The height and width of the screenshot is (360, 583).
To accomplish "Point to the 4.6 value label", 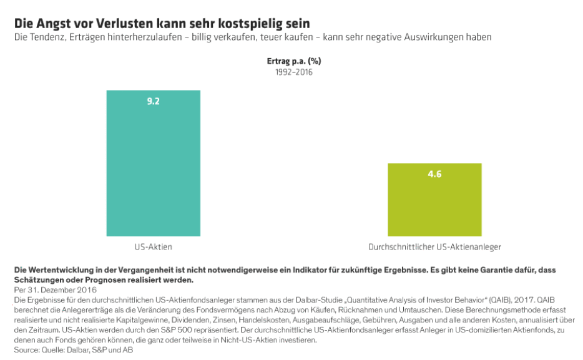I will tap(434, 174).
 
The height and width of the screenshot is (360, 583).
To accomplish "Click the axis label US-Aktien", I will tap(153, 246).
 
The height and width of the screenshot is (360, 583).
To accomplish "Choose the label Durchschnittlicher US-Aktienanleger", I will tap(434, 246).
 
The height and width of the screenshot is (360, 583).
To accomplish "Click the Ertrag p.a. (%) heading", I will tap(293, 61).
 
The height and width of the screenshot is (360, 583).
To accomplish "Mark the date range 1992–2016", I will tap(293, 72).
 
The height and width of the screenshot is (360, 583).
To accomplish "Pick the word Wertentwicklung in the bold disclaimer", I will tap(61, 270).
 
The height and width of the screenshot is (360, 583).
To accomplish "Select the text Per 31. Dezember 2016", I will tap(55, 290).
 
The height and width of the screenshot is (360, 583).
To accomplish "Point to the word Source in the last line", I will tap(26, 350).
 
